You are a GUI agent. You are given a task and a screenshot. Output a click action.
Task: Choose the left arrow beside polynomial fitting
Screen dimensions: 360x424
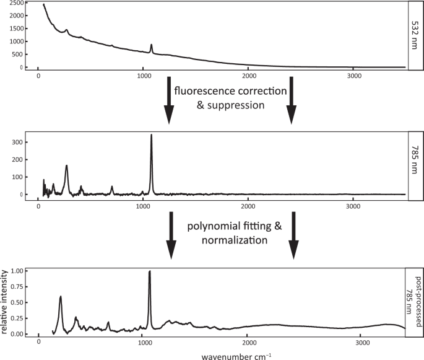[171, 235]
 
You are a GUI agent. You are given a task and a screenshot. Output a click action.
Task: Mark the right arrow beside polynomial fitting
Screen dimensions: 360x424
[294, 235]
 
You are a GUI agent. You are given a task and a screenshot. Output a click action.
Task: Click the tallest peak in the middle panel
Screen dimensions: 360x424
[151, 136]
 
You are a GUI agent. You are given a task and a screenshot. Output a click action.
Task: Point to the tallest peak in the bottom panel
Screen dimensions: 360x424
[149, 272]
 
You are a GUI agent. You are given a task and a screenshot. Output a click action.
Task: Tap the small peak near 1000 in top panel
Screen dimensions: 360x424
[151, 45]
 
